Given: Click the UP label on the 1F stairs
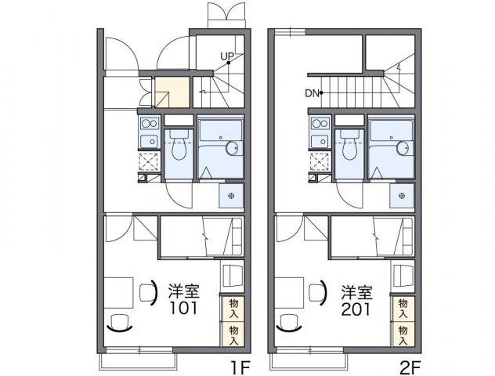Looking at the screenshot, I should (227, 56).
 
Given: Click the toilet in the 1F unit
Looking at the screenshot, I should (179, 146).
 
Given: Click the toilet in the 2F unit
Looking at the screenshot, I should (349, 146).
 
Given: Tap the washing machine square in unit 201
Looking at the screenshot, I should (403, 195).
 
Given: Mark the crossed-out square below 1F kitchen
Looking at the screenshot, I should (149, 161).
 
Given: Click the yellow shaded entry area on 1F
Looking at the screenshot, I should (172, 93).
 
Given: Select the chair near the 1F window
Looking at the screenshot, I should (119, 322).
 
